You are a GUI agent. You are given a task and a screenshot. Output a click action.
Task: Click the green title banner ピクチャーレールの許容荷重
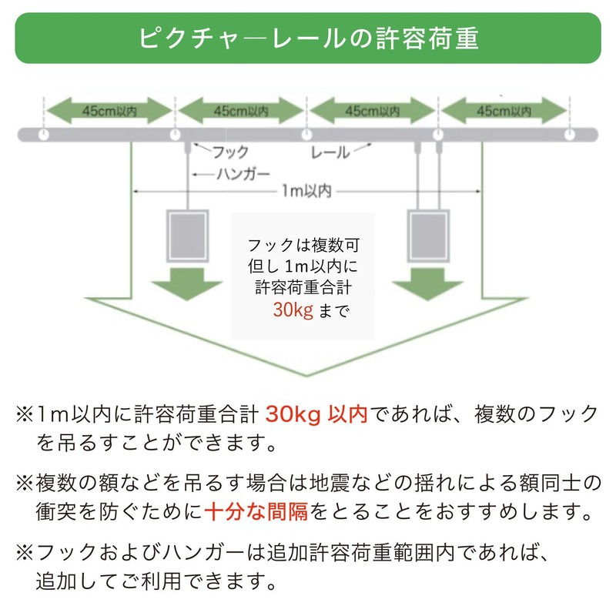point(308,38)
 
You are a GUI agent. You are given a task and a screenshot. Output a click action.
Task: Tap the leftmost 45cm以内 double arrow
point(109,111)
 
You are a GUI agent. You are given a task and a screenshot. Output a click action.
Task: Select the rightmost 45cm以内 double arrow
point(504,111)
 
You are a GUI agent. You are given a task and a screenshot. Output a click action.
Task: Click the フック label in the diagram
point(230,152)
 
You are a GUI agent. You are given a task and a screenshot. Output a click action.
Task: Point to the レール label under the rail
point(330,152)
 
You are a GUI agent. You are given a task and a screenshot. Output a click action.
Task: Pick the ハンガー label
point(243,174)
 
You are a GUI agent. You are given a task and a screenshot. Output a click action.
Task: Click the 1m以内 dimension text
point(306,191)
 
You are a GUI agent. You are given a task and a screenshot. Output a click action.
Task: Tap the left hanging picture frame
point(187,236)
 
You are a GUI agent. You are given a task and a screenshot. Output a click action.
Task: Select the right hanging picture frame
point(428,236)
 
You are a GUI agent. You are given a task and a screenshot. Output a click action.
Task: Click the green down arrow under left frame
point(187,284)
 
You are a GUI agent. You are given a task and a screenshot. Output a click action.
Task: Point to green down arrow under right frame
point(428,284)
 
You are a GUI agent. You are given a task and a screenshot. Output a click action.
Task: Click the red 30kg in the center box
point(293,310)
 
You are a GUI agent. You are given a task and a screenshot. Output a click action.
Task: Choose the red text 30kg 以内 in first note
point(316,414)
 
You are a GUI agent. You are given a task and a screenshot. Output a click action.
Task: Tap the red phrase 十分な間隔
point(256,512)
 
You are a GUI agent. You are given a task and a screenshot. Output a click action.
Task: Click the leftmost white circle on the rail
point(44,135)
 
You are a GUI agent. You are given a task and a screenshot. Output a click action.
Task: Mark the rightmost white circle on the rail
point(570,135)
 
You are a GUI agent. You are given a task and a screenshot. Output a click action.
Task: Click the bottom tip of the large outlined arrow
point(306,376)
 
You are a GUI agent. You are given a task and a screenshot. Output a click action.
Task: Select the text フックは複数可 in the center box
point(303,246)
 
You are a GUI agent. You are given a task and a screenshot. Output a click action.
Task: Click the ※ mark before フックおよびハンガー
point(25,552)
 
